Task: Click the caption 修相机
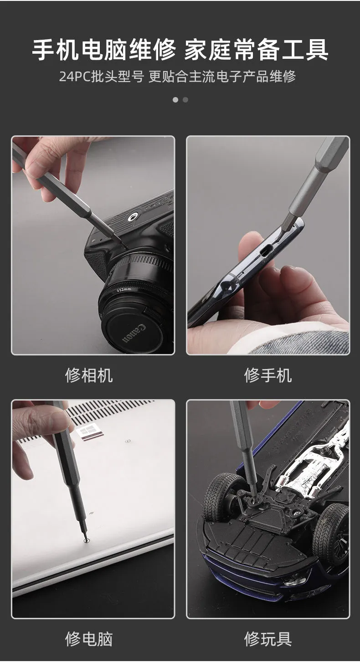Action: (89, 375)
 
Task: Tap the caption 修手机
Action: (268, 375)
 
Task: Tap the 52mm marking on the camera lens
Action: (124, 289)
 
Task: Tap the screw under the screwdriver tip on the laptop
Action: (87, 540)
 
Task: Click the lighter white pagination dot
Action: (175, 100)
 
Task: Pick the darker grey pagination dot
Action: (185, 100)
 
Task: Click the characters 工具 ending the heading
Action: (305, 50)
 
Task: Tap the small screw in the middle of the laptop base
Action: (128, 441)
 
